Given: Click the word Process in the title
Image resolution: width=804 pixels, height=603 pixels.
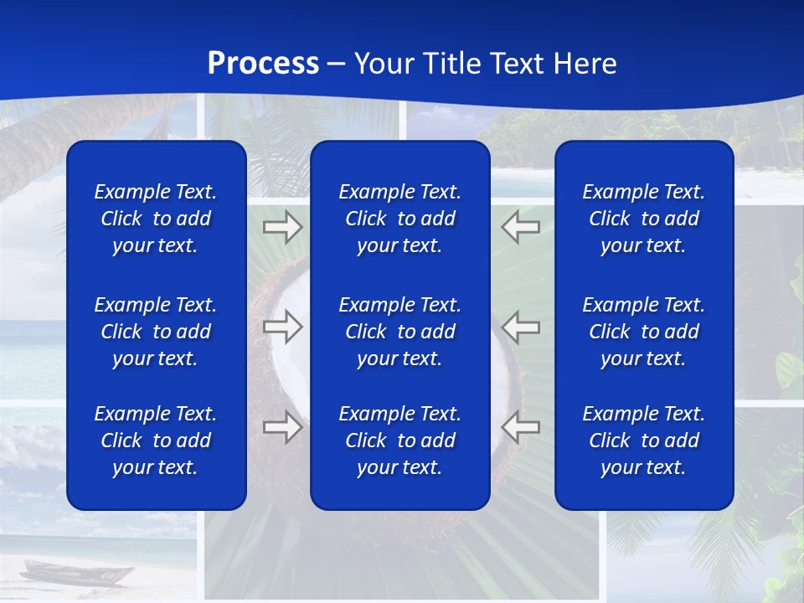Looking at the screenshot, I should pyautogui.click(x=263, y=64).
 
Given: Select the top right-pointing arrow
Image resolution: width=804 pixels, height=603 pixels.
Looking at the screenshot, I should pyautogui.click(x=282, y=227).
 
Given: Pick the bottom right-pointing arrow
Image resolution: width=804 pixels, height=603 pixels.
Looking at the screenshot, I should pyautogui.click(x=282, y=427).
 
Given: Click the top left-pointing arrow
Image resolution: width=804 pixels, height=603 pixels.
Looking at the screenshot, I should pyautogui.click(x=521, y=227).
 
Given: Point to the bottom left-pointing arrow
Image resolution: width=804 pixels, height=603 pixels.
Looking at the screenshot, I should pyautogui.click(x=521, y=427).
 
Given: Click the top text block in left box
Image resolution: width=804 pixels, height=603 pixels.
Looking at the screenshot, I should pyautogui.click(x=156, y=219).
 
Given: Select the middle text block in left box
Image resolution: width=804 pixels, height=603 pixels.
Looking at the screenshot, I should pyautogui.click(x=156, y=332).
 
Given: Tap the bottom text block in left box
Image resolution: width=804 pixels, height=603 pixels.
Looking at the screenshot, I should pyautogui.click(x=156, y=441).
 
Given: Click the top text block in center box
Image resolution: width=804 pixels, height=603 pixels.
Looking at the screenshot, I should pyautogui.click(x=400, y=219).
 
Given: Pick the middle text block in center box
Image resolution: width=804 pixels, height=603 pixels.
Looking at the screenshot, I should pyautogui.click(x=400, y=332).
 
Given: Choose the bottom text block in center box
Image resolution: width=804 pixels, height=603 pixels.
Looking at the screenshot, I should pyautogui.click(x=400, y=441).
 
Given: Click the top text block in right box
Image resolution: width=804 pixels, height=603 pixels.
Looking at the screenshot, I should pyautogui.click(x=644, y=219).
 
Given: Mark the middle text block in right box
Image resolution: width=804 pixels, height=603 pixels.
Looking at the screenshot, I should pyautogui.click(x=644, y=332).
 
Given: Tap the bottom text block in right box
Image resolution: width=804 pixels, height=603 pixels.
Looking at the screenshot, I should pyautogui.click(x=644, y=441).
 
